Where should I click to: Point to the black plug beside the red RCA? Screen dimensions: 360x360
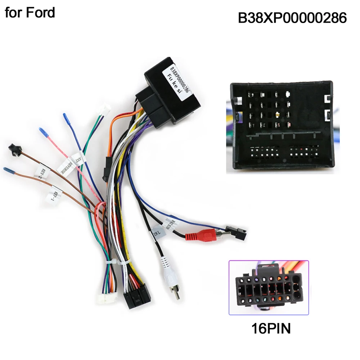tap(236, 232)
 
